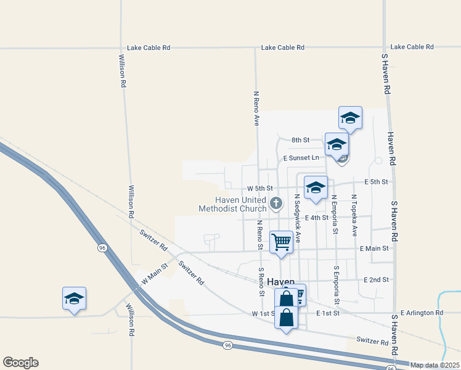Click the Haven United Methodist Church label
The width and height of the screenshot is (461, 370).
pos(232,204)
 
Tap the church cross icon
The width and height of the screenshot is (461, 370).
pos(277,202)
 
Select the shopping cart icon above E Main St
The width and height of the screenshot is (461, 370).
pos(282,241)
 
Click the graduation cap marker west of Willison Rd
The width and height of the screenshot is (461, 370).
pos(74,298)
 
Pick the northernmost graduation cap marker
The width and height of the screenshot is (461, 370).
pos(350,117)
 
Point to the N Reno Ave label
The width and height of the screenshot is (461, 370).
pos(256,109)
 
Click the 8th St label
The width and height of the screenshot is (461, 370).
pos(300,140)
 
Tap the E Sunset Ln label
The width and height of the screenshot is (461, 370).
pos(301,158)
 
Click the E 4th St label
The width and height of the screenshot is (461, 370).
pos(317,218)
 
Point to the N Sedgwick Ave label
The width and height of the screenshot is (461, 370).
pos(297,218)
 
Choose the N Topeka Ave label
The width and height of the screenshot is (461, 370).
pos(354,215)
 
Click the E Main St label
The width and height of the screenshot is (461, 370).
pos(375,249)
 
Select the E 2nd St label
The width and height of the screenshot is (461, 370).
pos(376,279)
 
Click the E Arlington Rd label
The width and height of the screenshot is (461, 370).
pos(422,313)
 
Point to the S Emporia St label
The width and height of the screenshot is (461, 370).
pos(337,286)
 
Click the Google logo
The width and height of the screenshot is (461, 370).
pos(20,363)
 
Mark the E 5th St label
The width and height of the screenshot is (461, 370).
pos(376,182)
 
